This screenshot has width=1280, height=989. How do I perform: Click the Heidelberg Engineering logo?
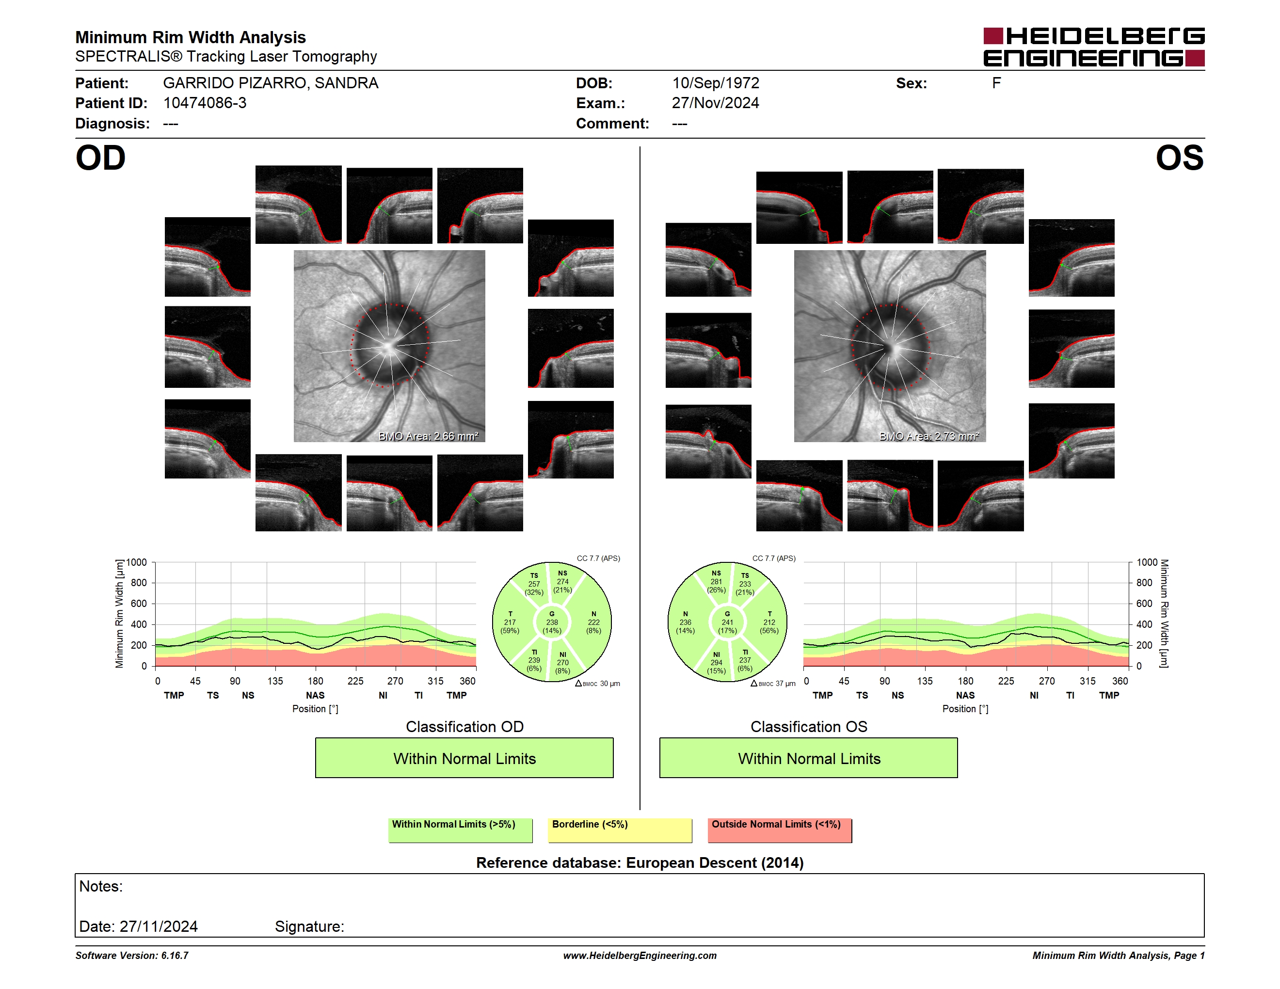pos(1094,47)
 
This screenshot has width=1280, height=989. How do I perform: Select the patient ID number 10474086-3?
pos(205,103)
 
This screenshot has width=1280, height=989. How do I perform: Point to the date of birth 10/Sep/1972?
pos(716,83)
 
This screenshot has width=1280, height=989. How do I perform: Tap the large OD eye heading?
pos(101,158)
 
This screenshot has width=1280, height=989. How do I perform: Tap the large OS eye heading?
pos(1179,158)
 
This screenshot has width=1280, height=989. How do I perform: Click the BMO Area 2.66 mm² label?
pos(429,436)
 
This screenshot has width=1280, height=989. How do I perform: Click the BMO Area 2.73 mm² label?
pos(929,436)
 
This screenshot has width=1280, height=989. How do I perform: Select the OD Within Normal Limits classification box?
pos(464,758)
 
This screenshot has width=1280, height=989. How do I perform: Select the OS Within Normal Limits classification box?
pos(809,758)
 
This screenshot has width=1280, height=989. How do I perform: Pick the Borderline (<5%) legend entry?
pos(620,830)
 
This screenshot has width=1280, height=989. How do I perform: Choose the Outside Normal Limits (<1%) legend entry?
pos(780,830)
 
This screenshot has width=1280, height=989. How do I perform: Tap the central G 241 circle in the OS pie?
pos(727,622)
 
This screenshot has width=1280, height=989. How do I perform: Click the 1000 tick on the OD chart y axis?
pos(137,562)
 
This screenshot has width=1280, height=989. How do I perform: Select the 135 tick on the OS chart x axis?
pos(925,681)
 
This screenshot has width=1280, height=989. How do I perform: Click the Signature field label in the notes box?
pos(309,926)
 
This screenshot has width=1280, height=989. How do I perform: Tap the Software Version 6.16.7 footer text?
pos(132,956)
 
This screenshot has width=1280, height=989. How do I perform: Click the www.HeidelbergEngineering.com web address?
pos(640,956)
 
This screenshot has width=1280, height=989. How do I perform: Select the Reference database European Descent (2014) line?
pos(640,862)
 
